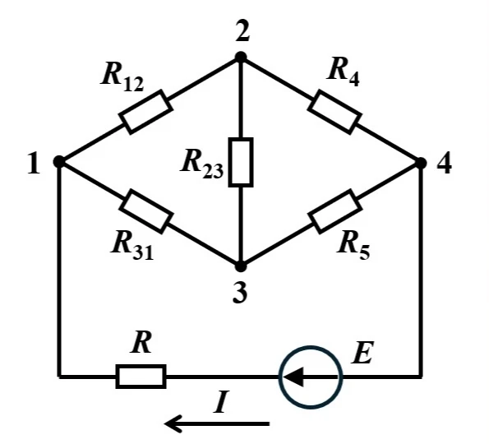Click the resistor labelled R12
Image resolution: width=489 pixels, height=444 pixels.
click(x=145, y=112)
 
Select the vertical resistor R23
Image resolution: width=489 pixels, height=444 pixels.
click(x=241, y=162)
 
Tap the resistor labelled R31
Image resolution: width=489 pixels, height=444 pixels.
click(x=145, y=211)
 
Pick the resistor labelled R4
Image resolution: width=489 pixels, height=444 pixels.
click(x=334, y=112)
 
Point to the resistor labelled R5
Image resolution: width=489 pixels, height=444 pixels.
click(x=334, y=211)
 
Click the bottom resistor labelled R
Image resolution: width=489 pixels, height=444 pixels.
click(x=141, y=377)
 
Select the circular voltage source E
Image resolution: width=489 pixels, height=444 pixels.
click(x=311, y=377)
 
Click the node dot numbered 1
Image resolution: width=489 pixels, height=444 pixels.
click(x=58, y=162)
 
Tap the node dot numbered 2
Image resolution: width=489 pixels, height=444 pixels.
click(x=241, y=57)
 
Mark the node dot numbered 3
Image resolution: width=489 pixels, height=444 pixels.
click(x=240, y=266)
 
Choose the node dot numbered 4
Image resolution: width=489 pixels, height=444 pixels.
click(x=421, y=163)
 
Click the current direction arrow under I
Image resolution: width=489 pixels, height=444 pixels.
click(x=217, y=423)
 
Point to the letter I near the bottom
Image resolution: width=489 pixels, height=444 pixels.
click(x=221, y=402)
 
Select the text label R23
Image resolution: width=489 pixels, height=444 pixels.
click(x=202, y=164)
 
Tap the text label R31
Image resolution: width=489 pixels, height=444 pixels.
click(x=132, y=246)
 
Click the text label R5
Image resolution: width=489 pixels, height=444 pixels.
click(x=353, y=246)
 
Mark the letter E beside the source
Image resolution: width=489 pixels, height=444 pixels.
click(x=362, y=353)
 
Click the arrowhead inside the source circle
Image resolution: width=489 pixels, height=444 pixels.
click(x=293, y=377)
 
